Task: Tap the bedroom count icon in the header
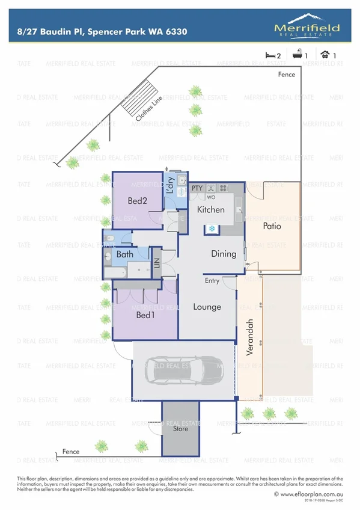pos(269,55)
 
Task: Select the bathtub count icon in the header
pos(297,55)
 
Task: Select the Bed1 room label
pos(145,315)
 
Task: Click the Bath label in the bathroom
pos(125,254)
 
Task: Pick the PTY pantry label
pos(197,188)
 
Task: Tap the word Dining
pos(223,254)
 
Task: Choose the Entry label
pos(212,281)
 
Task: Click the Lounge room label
pos(207,307)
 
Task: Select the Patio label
pos(272,227)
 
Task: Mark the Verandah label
pos(250,343)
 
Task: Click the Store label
pos(180,429)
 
